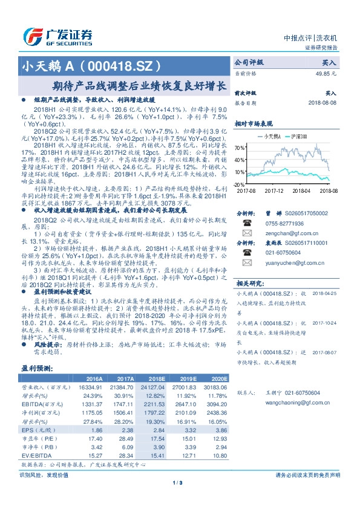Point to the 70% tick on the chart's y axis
pyautogui.click(x=240, y=148)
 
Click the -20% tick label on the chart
pyautogui.click(x=240, y=184)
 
